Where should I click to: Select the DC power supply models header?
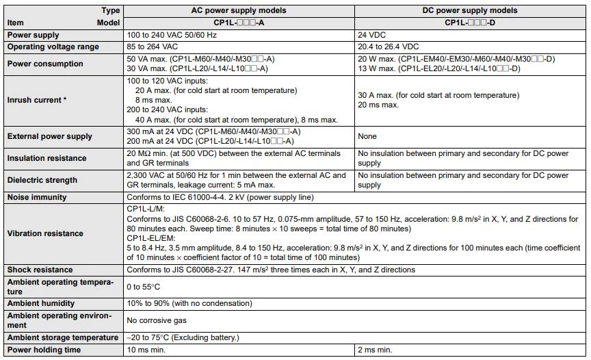(x=471, y=11)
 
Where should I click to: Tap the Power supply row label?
(x=33, y=35)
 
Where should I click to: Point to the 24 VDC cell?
(x=373, y=35)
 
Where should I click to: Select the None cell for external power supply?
(x=368, y=136)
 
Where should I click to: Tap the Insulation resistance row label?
(x=47, y=158)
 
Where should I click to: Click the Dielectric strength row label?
(x=42, y=180)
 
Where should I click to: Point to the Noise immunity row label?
(x=37, y=197)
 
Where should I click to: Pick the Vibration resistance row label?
(x=45, y=233)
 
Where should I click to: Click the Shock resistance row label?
(x=40, y=270)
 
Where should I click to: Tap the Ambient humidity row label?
(x=44, y=303)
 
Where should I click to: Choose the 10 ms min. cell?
(x=148, y=350)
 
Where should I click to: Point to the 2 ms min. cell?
(x=375, y=350)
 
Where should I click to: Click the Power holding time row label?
(x=44, y=350)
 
